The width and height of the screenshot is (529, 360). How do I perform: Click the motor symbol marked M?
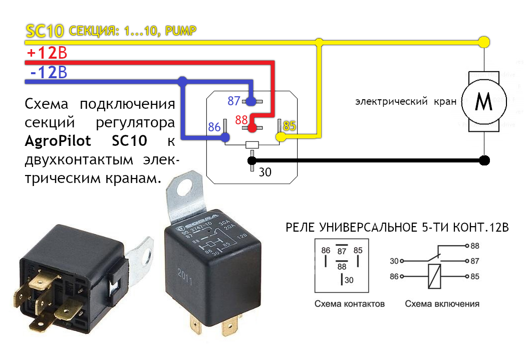click(483, 103)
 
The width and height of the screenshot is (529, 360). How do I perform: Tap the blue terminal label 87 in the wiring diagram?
click(234, 101)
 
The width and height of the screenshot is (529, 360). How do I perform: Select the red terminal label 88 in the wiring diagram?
click(241, 120)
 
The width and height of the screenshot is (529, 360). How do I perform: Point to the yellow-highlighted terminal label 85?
click(290, 125)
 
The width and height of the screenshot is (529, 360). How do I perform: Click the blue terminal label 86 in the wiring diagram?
click(214, 127)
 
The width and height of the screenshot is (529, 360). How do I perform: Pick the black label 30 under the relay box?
click(265, 172)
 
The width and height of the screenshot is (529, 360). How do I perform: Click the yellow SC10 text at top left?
click(44, 32)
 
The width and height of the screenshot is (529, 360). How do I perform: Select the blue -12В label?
click(48, 73)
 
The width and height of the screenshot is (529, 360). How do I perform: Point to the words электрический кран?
click(406, 102)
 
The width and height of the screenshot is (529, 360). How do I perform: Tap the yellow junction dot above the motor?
click(483, 42)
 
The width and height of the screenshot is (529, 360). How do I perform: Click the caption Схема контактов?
click(350, 304)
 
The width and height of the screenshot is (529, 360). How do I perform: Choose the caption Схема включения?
click(442, 304)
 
